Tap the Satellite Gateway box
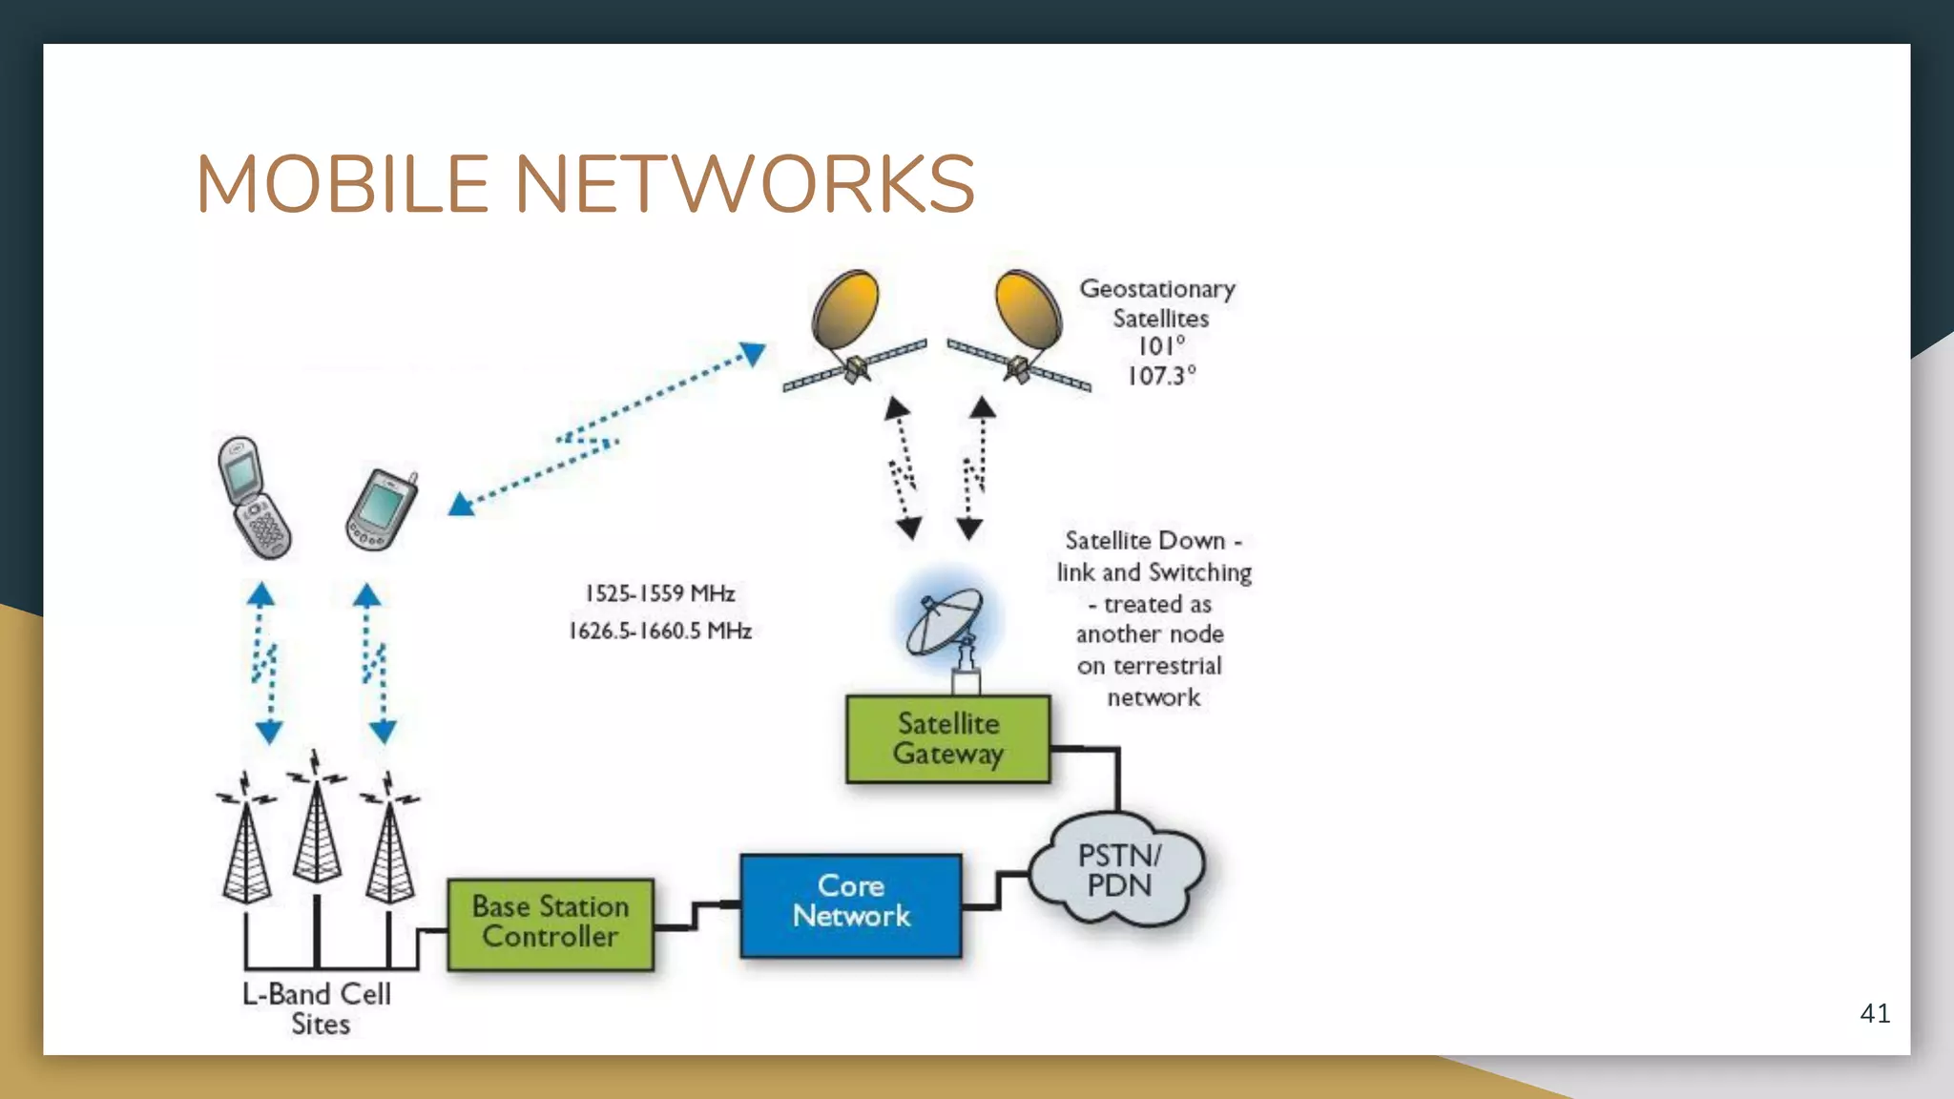947,739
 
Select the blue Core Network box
850,904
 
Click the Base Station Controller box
551,923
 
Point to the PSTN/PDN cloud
1118,870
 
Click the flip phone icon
253,498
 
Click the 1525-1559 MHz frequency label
659,593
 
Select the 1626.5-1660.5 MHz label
659,631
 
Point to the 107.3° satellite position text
1161,376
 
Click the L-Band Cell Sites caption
318,1008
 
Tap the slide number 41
1874,1013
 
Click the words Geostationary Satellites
1158,302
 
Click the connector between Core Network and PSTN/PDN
997,890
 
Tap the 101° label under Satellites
1161,346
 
